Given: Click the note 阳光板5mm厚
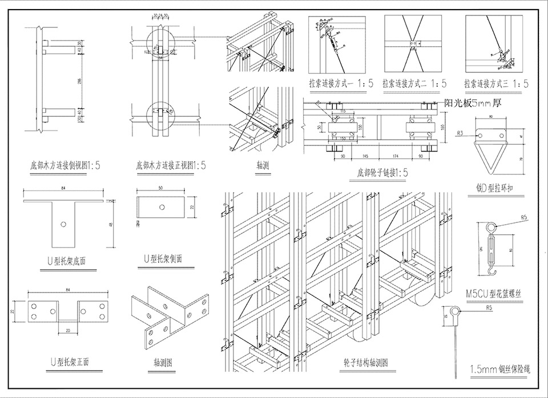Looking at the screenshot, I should (473, 104).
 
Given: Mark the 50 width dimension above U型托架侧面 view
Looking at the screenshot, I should (161, 188).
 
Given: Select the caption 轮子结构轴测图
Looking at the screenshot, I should (366, 362).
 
